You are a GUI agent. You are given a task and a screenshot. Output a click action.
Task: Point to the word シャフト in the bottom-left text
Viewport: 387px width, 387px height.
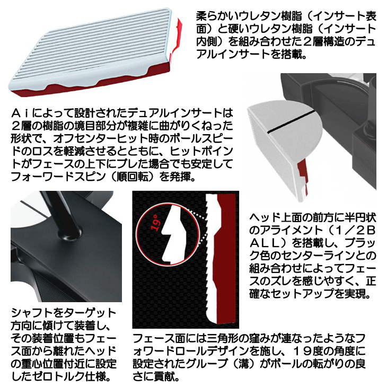click(x=29, y=313)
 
